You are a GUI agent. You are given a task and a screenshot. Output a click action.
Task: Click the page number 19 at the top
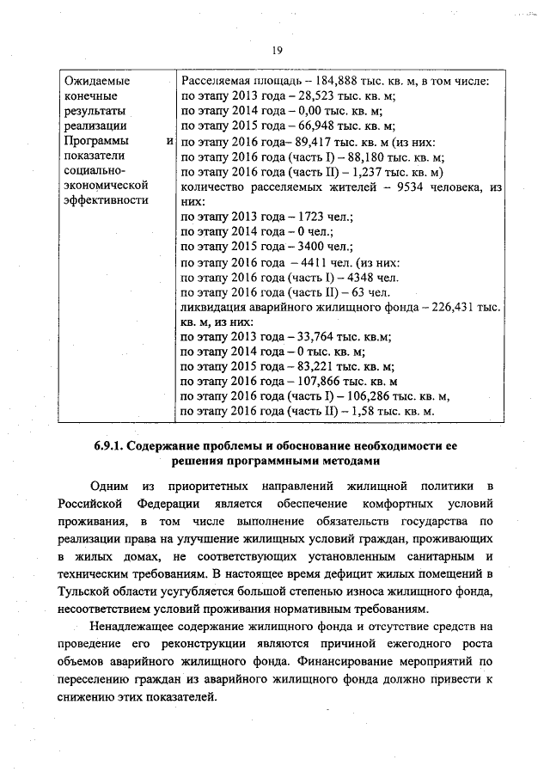click(x=278, y=51)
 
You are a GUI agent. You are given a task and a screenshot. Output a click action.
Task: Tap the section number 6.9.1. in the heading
click(x=111, y=445)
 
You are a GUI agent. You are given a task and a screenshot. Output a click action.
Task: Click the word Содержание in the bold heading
click(x=170, y=445)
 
